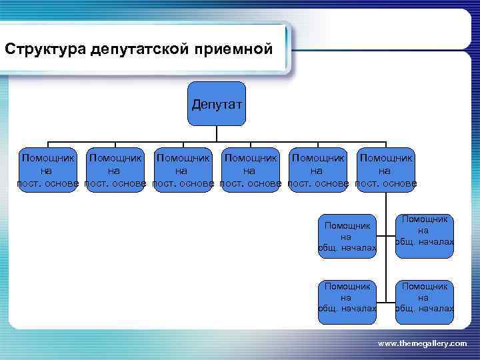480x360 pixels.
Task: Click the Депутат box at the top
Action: pos(217,105)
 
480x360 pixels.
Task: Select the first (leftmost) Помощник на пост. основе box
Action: pos(48,170)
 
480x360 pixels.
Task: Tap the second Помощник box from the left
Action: pos(115,170)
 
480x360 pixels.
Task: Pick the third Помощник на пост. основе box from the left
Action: pos(183,170)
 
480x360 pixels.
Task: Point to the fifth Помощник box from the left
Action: pos(318,170)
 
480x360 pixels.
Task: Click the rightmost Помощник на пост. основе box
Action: pos(385,170)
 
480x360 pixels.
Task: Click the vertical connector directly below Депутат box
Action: pos(217,134)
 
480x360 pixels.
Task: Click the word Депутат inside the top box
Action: pos(217,105)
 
